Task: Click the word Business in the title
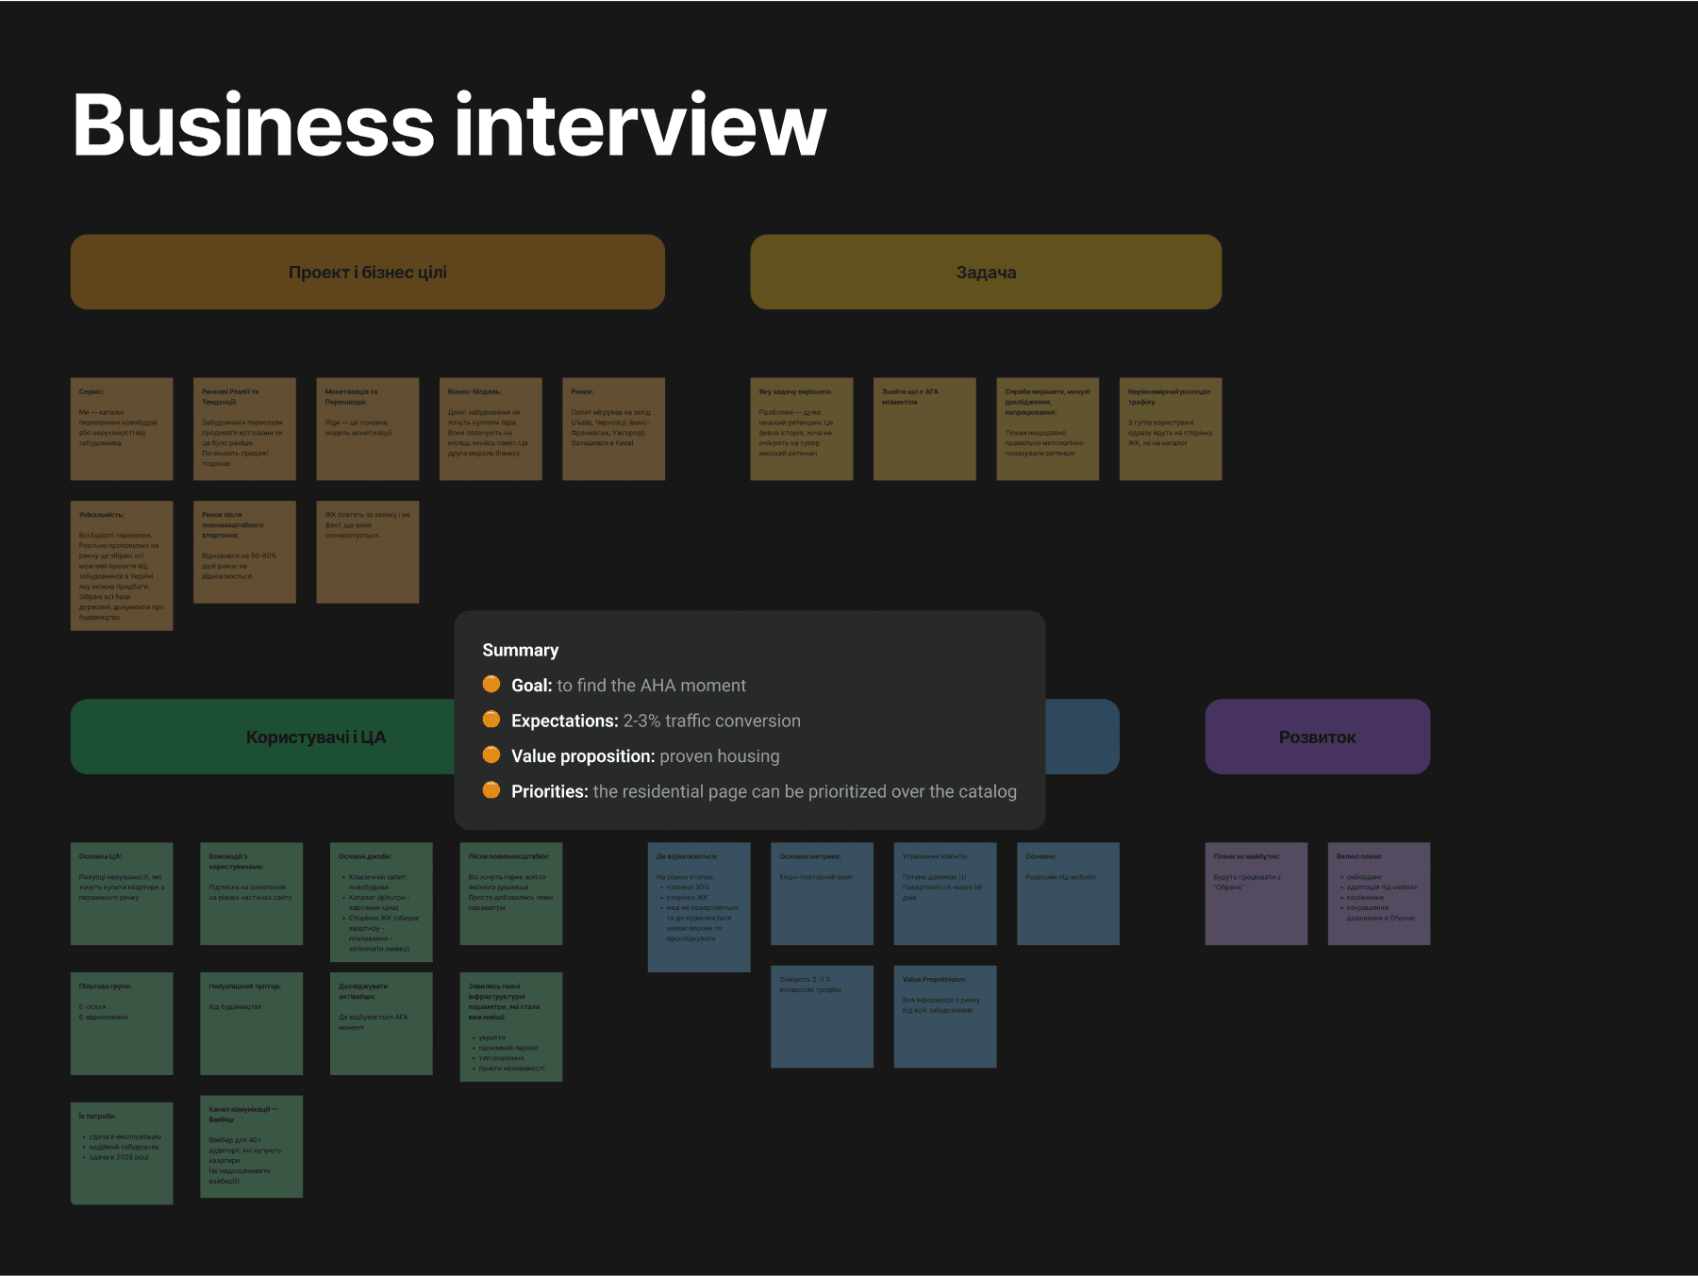[x=253, y=125]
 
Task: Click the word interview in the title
[x=641, y=125]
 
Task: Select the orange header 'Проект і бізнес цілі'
[x=368, y=272]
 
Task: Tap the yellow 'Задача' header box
[x=986, y=272]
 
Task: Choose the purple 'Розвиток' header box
[x=1317, y=737]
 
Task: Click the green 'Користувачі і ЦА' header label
[x=315, y=737]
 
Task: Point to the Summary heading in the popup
[x=520, y=650]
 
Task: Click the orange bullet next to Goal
[x=491, y=684]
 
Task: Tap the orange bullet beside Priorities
[x=491, y=790]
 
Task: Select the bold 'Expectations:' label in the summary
[x=564, y=721]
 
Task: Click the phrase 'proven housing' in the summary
[x=720, y=756]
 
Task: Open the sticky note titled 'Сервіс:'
[x=122, y=429]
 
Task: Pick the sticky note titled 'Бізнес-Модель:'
[x=491, y=429]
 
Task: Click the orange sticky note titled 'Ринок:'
[x=613, y=429]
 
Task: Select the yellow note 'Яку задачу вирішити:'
[x=802, y=429]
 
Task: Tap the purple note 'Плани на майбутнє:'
[x=1256, y=893]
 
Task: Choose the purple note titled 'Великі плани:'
[x=1378, y=893]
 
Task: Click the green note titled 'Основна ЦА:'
[x=122, y=893]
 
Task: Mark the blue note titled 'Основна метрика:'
[x=822, y=893]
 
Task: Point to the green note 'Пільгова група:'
[x=122, y=1023]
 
